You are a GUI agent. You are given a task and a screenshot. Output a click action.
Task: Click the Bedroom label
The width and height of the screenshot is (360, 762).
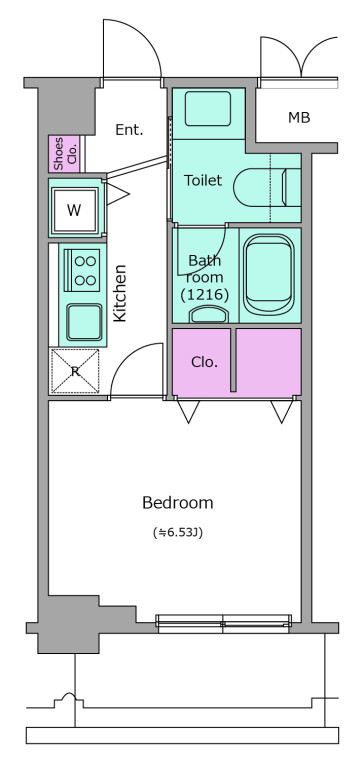tap(177, 502)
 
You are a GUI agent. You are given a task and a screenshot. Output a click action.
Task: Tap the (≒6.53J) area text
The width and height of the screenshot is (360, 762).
tap(177, 533)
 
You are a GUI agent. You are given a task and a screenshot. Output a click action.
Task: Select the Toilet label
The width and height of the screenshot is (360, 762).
tap(203, 180)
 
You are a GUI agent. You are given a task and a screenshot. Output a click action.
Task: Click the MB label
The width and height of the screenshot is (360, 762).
tap(299, 117)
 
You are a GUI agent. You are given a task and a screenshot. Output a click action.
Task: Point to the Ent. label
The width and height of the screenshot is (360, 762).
tap(130, 130)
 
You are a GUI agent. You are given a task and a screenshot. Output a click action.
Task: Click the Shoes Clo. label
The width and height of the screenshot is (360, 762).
tap(64, 154)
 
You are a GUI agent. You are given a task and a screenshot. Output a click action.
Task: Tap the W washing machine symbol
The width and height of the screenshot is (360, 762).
tap(75, 209)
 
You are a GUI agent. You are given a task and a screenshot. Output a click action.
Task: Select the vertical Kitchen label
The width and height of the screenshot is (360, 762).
tap(120, 293)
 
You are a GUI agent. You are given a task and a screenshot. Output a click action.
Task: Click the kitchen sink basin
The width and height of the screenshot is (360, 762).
tap(84, 322)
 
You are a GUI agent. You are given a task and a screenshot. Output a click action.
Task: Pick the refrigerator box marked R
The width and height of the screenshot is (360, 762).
tap(75, 371)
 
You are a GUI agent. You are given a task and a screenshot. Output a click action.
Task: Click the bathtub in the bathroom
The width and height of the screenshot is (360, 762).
tap(269, 275)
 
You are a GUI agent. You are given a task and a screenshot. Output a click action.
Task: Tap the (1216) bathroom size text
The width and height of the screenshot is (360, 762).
tap(204, 294)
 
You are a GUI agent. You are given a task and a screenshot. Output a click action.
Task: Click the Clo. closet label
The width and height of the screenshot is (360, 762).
tap(204, 362)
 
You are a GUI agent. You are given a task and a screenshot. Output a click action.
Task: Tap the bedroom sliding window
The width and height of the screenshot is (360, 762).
tap(223, 623)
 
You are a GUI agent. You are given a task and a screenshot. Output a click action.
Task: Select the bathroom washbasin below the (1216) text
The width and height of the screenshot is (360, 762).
tap(209, 314)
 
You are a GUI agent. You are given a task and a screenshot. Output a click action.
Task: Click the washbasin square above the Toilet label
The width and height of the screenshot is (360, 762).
tap(208, 108)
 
